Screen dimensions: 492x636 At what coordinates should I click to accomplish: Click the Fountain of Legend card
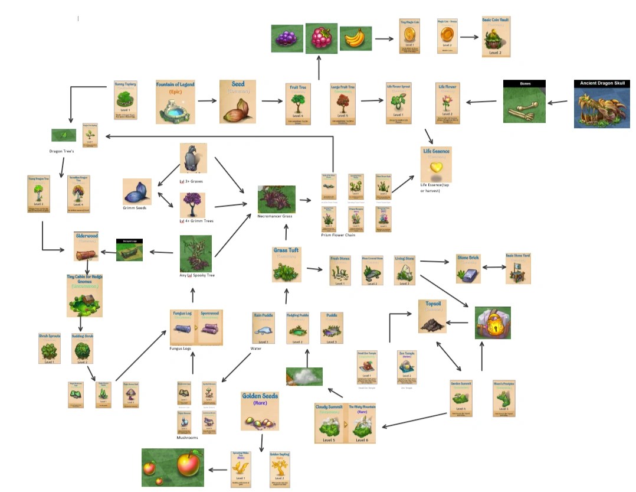coord(175,102)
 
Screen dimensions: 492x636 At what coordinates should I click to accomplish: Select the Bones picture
coord(524,102)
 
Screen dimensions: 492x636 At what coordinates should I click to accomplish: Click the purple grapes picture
coord(287,38)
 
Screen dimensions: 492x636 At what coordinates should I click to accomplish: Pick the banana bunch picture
coord(355,38)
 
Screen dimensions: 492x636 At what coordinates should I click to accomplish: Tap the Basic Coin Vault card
coord(496,37)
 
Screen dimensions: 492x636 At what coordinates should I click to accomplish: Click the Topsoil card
coord(433,317)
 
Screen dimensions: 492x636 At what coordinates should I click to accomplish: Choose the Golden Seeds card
coord(260,411)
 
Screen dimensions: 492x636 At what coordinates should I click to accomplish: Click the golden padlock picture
coord(493,322)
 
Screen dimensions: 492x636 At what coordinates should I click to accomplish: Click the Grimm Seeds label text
coord(136,208)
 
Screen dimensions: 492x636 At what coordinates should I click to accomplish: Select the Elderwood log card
coord(87,247)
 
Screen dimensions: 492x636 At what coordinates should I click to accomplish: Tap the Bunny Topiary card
coord(125,100)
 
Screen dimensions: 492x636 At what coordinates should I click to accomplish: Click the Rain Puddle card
coord(264,328)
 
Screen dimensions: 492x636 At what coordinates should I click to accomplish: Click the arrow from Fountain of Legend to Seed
coord(207,101)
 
